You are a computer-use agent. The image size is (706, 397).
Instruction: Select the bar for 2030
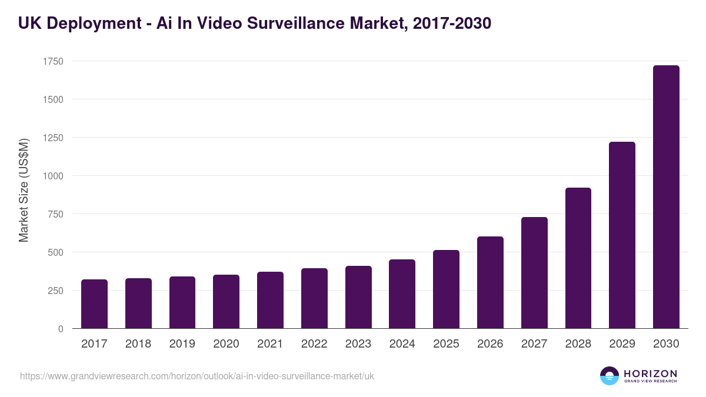666,197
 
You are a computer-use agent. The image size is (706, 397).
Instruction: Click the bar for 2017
94,304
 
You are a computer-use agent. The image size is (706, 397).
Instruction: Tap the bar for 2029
622,235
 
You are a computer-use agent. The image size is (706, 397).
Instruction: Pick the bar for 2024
402,294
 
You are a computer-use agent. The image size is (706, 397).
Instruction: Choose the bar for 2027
534,273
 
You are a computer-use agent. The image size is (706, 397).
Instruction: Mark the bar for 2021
270,300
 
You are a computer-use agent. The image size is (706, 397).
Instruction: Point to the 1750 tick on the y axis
52,61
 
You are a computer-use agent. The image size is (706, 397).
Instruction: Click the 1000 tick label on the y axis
52,176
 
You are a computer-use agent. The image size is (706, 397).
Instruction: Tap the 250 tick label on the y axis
55,291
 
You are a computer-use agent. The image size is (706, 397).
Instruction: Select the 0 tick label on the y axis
61,329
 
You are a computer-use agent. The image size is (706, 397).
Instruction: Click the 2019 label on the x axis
182,344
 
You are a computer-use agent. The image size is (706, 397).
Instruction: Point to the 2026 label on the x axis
490,344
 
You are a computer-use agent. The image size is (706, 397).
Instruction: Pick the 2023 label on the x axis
358,344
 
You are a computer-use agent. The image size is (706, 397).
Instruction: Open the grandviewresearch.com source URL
197,376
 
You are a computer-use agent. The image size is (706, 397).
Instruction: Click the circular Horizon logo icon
610,376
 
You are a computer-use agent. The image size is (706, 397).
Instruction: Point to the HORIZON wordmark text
650,373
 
